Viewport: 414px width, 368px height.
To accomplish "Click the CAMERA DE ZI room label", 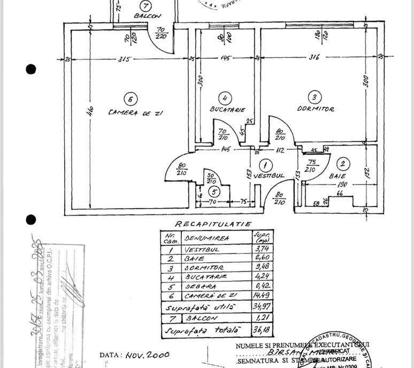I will (135, 113).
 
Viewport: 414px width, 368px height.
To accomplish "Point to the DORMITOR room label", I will (316, 109).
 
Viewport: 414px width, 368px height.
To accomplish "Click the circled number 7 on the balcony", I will (147, 6).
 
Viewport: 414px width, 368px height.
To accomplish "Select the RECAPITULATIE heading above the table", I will (212, 224).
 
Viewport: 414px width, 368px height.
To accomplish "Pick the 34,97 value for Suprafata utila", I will (262, 307).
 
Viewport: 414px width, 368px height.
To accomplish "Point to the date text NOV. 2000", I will (148, 354).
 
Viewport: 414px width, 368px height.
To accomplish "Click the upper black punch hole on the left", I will (31, 69).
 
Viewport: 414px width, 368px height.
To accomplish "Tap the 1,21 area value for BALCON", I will (262, 319).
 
